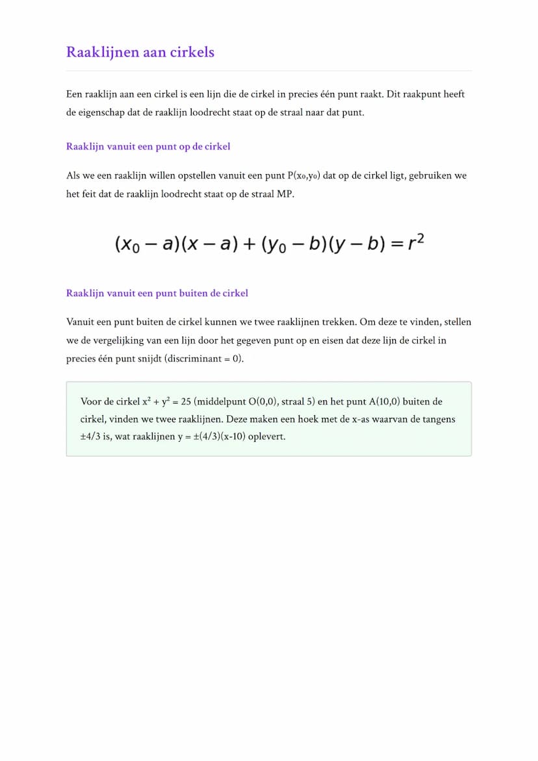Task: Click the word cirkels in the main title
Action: tap(192, 52)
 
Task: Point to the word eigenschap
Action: tap(109, 112)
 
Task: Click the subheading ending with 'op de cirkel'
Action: tap(148, 146)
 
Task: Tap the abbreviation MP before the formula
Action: tap(286, 194)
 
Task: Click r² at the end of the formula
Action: tap(416, 243)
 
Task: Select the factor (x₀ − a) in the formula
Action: tap(147, 244)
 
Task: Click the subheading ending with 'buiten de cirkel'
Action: tap(157, 293)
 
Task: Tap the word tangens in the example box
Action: tap(437, 419)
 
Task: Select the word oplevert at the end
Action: tap(266, 437)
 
